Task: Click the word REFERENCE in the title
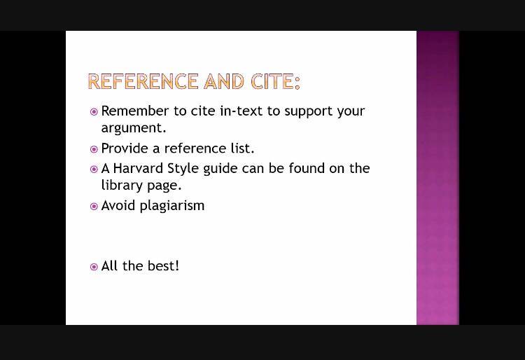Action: coord(143,81)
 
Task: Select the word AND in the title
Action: coord(224,81)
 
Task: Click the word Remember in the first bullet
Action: coord(134,111)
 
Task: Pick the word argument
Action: coord(134,128)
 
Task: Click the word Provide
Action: coord(124,148)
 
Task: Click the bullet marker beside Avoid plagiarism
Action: coord(94,207)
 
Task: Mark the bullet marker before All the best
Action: coord(94,267)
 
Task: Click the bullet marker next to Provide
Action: coord(94,149)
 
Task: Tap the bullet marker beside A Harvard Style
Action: coord(94,169)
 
